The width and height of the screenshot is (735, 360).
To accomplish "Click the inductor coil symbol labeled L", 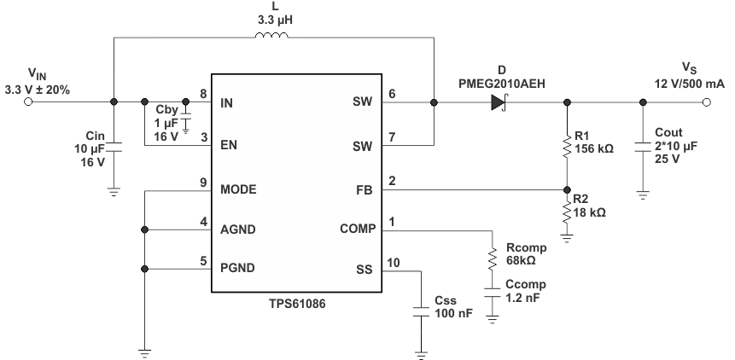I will (272, 36).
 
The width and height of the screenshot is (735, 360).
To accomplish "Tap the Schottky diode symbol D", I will (499, 103).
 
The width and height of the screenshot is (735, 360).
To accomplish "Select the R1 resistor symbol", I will (567, 147).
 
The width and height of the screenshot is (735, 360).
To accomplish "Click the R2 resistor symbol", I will (567, 211).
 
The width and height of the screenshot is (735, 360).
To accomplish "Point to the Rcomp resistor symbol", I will (493, 258).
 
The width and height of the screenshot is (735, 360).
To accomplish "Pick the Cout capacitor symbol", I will (644, 147).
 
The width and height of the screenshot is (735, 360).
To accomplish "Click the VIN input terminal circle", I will (28, 102).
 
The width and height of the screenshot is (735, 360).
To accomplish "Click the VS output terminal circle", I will (706, 102).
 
